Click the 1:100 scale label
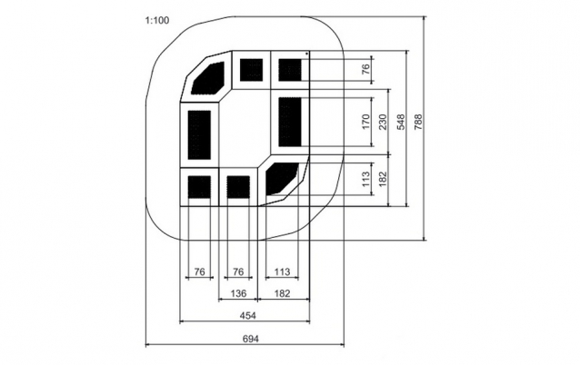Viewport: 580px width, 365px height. [157, 20]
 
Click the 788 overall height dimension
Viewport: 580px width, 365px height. [418, 122]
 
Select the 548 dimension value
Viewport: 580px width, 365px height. [401, 122]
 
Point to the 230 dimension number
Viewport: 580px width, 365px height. [384, 122]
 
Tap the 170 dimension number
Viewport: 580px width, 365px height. [365, 122]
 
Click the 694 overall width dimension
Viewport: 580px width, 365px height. [250, 339]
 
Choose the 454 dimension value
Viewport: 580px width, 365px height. [248, 315]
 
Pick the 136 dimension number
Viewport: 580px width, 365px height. [238, 293]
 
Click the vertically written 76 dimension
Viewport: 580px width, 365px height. [365, 69]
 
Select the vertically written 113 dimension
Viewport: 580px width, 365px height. [365, 179]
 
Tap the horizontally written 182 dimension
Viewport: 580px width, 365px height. [282, 293]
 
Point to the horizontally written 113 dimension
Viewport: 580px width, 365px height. [282, 271]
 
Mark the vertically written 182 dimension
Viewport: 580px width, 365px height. [384, 179]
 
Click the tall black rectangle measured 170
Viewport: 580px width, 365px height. [290, 122]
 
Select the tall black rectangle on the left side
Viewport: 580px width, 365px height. [199, 135]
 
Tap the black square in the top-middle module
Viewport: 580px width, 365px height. [252, 70]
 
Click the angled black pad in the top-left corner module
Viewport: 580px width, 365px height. [208, 77]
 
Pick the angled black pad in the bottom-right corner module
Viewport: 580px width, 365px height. [282, 178]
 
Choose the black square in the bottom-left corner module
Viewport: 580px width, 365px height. [199, 186]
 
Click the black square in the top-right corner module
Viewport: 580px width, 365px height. [290, 70]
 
